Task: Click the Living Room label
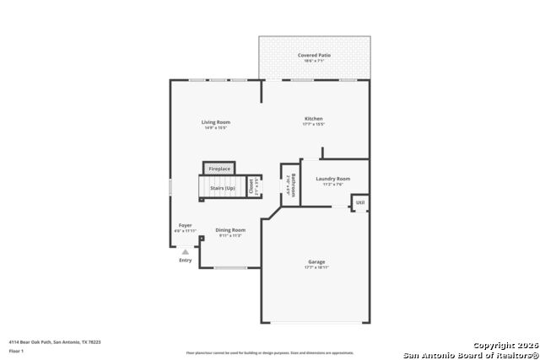tap(215, 122)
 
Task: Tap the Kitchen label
tap(313, 119)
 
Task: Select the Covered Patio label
tap(314, 55)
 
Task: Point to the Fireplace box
tap(219, 169)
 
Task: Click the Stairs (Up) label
tap(223, 188)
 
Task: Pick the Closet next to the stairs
tap(251, 187)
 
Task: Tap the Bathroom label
tap(290, 185)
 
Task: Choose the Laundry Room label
tap(332, 179)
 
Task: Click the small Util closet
tap(360, 202)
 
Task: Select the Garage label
tap(316, 262)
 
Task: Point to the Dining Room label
tap(229, 230)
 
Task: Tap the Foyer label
tap(184, 225)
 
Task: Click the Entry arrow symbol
tap(185, 251)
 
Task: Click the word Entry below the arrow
tap(185, 260)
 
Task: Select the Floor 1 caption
tap(16, 350)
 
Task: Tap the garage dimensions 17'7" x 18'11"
tap(316, 267)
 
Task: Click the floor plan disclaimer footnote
tap(270, 353)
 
